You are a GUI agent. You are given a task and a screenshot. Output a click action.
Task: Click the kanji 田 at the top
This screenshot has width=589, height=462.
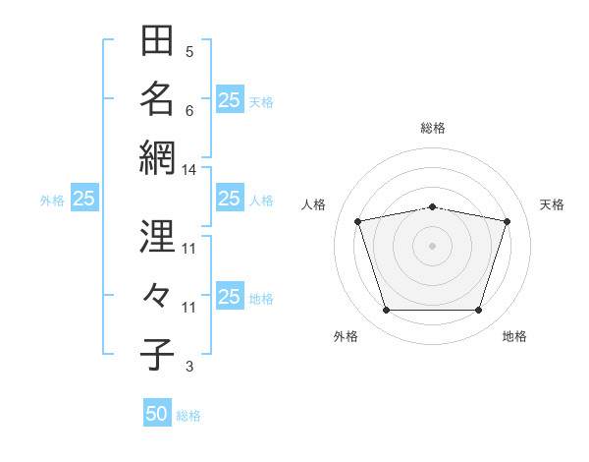(x=157, y=42)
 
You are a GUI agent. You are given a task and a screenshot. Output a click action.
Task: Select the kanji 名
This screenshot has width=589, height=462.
(x=157, y=100)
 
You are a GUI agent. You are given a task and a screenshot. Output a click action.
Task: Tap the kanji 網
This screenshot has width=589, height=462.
(x=157, y=158)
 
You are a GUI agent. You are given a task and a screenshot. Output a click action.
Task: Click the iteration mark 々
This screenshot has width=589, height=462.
(x=157, y=296)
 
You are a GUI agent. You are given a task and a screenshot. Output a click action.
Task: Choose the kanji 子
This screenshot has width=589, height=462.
(x=157, y=354)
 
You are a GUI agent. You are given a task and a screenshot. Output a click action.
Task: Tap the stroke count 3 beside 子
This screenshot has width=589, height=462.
(x=188, y=367)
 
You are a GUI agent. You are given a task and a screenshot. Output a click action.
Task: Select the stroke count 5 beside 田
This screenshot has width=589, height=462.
(x=188, y=51)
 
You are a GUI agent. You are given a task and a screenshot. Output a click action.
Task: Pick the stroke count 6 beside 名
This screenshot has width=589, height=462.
(x=188, y=111)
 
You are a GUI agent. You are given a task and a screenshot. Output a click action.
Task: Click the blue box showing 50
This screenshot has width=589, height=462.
(x=157, y=414)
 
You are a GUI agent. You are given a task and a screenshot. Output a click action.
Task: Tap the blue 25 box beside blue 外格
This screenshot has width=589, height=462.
(x=84, y=200)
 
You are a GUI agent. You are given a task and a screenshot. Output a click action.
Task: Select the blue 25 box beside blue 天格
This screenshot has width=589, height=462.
(x=229, y=99)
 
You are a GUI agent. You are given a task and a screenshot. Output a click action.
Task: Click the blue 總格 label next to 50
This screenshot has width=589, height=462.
(x=188, y=416)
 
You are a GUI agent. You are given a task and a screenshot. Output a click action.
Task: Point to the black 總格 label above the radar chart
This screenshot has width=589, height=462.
(x=432, y=128)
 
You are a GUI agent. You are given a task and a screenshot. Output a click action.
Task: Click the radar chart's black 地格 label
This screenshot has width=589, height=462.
(x=514, y=337)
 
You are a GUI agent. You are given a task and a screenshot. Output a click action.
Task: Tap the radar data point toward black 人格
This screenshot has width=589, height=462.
(x=357, y=221)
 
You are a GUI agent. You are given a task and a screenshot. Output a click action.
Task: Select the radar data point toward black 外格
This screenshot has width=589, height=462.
(x=386, y=311)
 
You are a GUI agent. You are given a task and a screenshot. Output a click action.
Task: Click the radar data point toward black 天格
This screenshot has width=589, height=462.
(x=507, y=221)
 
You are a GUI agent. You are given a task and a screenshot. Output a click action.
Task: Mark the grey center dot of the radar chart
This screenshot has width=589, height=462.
(x=432, y=246)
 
